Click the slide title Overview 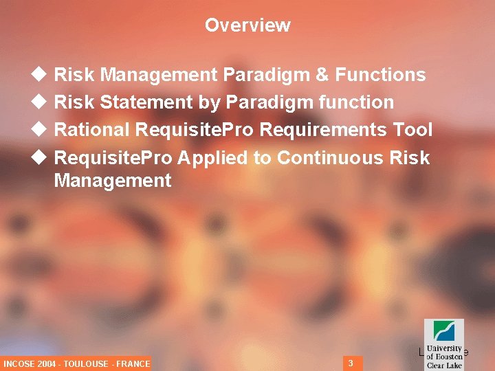coord(247,25)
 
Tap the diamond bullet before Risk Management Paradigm coord(39,74)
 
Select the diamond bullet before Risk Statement coord(39,102)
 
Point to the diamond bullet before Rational coord(39,130)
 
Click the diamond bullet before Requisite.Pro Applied coord(39,158)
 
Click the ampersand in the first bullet coord(322,74)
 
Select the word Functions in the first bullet coord(381,74)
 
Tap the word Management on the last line coord(113,181)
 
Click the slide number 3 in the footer coord(351,363)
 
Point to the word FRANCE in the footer coord(133,363)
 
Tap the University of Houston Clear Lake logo coord(444,344)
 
